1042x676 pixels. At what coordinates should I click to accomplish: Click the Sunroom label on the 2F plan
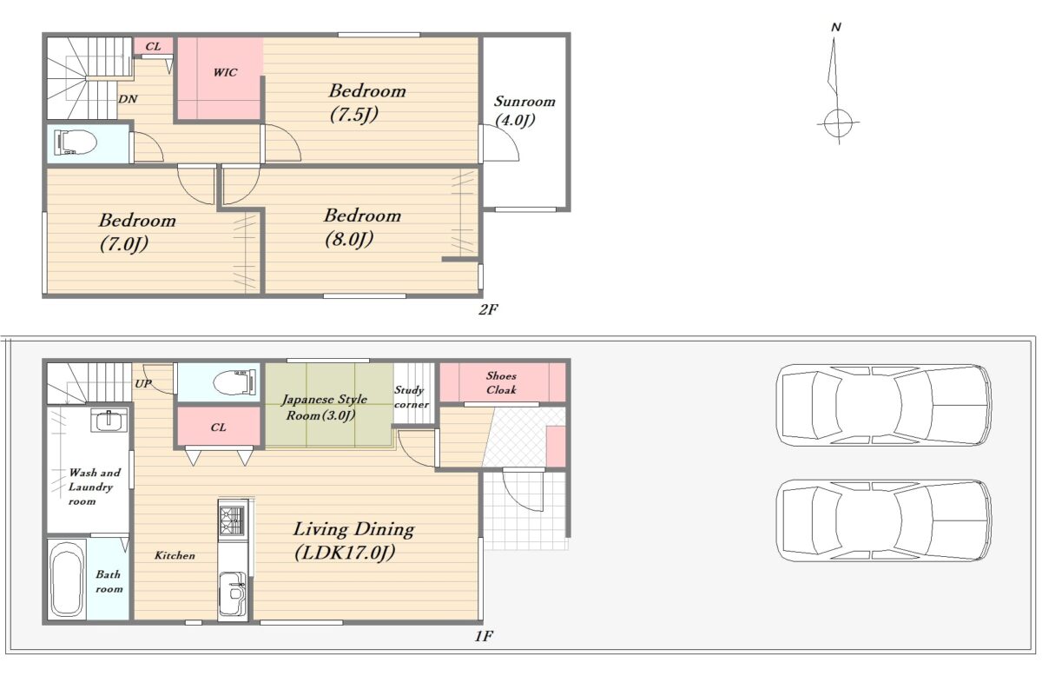click(x=524, y=102)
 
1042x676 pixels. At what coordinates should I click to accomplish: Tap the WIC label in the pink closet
click(x=225, y=73)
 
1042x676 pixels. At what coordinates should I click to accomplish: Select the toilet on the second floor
click(x=76, y=142)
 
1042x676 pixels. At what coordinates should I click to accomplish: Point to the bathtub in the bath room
click(x=67, y=580)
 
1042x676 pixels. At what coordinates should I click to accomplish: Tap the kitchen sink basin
click(x=232, y=593)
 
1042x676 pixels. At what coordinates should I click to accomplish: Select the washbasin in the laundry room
click(x=109, y=421)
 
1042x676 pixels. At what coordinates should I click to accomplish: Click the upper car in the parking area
click(x=884, y=405)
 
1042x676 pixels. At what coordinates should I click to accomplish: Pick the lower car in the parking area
click(x=884, y=520)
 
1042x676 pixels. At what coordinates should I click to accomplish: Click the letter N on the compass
click(x=836, y=28)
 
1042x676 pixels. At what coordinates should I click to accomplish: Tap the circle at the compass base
click(x=838, y=123)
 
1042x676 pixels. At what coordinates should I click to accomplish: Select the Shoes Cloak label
click(x=502, y=382)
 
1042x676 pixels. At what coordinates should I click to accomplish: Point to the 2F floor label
click(x=488, y=309)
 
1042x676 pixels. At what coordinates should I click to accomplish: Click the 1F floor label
click(x=484, y=636)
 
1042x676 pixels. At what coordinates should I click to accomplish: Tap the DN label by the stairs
click(x=128, y=99)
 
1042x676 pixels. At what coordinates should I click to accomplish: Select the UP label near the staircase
click(x=142, y=384)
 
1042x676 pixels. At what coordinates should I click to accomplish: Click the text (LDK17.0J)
click(x=345, y=553)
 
